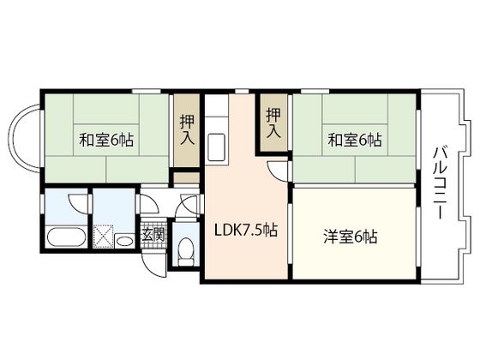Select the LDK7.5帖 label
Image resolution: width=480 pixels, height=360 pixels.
[245, 231]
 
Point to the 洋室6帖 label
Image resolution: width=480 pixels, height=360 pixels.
[351, 237]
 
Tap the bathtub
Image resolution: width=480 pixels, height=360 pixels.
[64, 237]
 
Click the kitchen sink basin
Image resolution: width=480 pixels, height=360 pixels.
[216, 147]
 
